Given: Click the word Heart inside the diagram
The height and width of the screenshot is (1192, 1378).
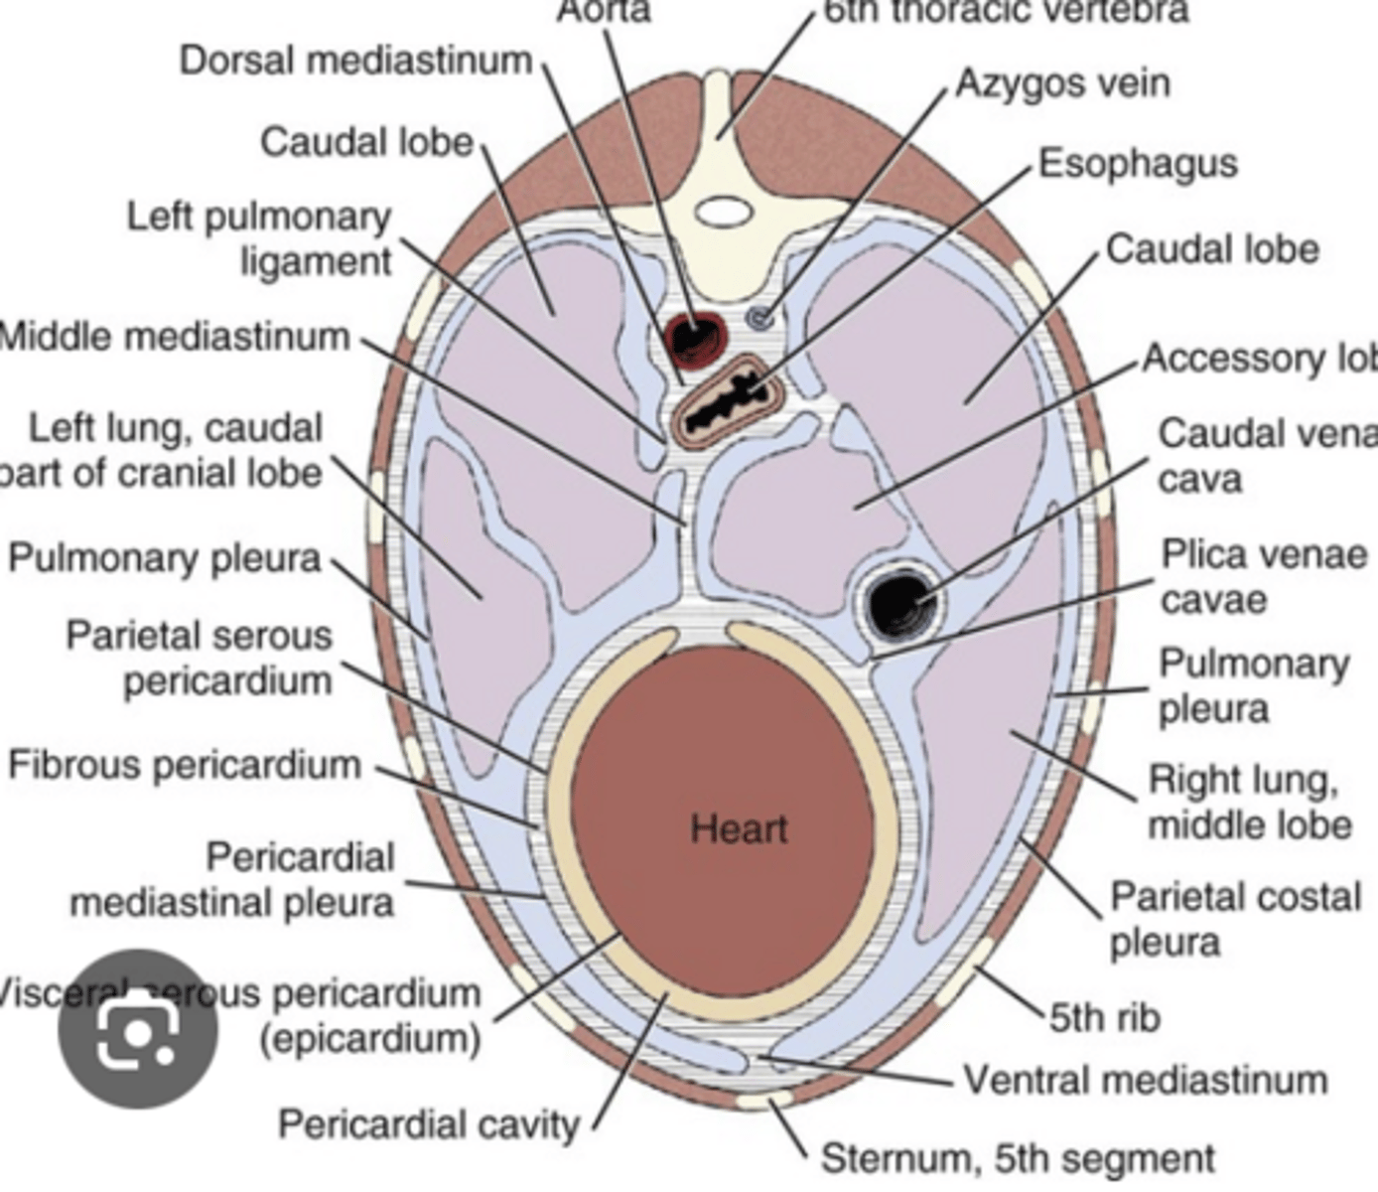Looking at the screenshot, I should pyautogui.click(x=739, y=828).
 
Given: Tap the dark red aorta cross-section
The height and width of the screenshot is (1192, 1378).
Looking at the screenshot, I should pyautogui.click(x=692, y=336).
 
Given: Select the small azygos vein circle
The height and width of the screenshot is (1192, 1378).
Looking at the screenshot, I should pyautogui.click(x=760, y=318).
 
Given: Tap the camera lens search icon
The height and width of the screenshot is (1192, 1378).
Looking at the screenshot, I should pyautogui.click(x=138, y=1029).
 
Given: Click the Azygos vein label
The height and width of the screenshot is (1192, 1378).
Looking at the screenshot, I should pyautogui.click(x=1062, y=83).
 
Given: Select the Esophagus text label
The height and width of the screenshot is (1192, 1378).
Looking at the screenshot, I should pyautogui.click(x=1138, y=164).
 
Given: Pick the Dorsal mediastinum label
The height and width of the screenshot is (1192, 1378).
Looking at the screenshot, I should pyautogui.click(x=355, y=61).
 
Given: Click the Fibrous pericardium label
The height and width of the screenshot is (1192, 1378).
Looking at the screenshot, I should pyautogui.click(x=185, y=765).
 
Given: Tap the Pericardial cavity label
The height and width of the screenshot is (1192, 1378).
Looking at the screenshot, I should pyautogui.click(x=429, y=1124).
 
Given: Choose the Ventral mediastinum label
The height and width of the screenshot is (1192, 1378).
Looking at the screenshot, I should pyautogui.click(x=1146, y=1080).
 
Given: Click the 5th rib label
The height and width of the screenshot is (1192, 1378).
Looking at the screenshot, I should pyautogui.click(x=1105, y=1017).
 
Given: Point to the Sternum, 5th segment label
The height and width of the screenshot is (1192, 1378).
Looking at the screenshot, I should pyautogui.click(x=1018, y=1158).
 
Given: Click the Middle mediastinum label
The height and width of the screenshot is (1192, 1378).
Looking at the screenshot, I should pyautogui.click(x=175, y=337).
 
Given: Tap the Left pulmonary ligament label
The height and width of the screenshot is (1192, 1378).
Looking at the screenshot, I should pyautogui.click(x=260, y=239).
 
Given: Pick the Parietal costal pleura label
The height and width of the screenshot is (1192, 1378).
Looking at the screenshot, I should pyautogui.click(x=1234, y=919).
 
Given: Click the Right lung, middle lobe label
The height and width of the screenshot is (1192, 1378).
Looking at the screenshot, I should pyautogui.click(x=1249, y=803).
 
